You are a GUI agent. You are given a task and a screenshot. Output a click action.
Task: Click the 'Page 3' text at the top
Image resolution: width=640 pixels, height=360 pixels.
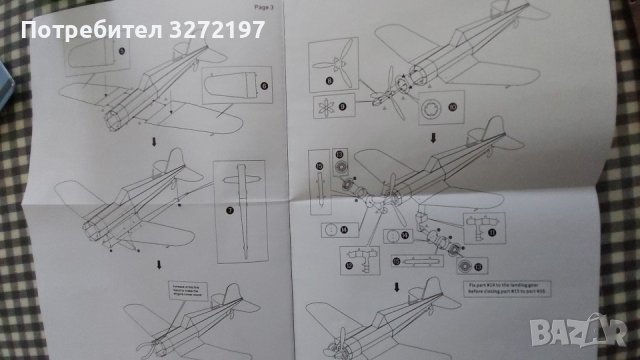pyautogui.click(x=263, y=9)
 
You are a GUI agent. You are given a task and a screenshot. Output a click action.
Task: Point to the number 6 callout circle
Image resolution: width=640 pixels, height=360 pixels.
pyautogui.click(x=264, y=86)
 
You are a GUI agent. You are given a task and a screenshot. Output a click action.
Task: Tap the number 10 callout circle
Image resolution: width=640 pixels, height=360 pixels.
pyautogui.click(x=450, y=104)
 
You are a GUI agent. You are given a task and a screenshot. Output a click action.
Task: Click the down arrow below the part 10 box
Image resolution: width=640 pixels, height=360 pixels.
pyautogui.click(x=433, y=137)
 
